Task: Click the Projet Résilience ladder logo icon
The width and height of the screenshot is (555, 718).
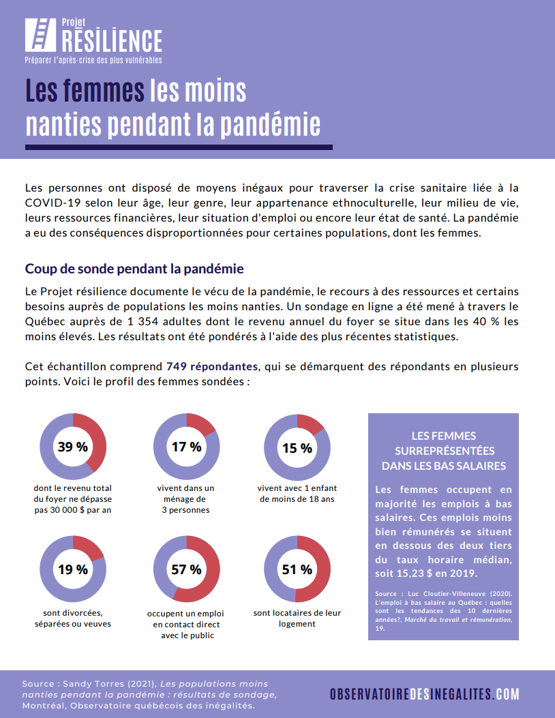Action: (40, 35)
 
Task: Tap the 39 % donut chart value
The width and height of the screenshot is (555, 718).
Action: (73, 447)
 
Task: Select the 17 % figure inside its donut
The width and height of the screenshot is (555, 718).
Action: (186, 447)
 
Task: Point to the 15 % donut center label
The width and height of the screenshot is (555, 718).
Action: (297, 448)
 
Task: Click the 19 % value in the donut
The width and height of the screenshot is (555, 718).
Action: (73, 569)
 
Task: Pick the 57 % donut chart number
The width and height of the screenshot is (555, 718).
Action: (186, 569)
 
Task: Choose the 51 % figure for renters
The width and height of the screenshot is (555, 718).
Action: (297, 569)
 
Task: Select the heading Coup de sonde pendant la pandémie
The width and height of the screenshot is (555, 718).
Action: (134, 269)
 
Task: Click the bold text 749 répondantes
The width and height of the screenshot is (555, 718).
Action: (212, 366)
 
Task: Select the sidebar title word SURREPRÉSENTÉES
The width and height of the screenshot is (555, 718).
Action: (445, 451)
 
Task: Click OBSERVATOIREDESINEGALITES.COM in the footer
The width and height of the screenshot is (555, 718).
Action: (425, 693)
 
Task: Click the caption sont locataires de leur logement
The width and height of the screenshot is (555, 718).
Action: (297, 618)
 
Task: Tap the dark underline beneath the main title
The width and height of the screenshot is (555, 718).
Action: (179, 147)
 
